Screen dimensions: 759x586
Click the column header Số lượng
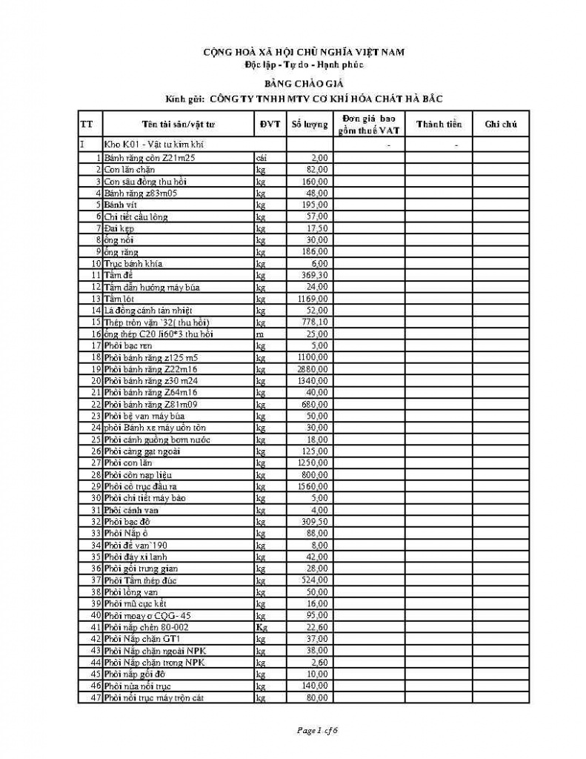coord(309,125)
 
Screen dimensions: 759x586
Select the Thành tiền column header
coord(439,125)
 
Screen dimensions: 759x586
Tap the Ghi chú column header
coord(501,125)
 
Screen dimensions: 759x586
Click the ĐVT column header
coord(270,125)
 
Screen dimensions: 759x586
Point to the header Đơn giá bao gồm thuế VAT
coord(368,125)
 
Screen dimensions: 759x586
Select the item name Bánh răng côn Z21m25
coord(150,158)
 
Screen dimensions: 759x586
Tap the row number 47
coord(95,698)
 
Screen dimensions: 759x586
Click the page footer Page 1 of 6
coord(317,731)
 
